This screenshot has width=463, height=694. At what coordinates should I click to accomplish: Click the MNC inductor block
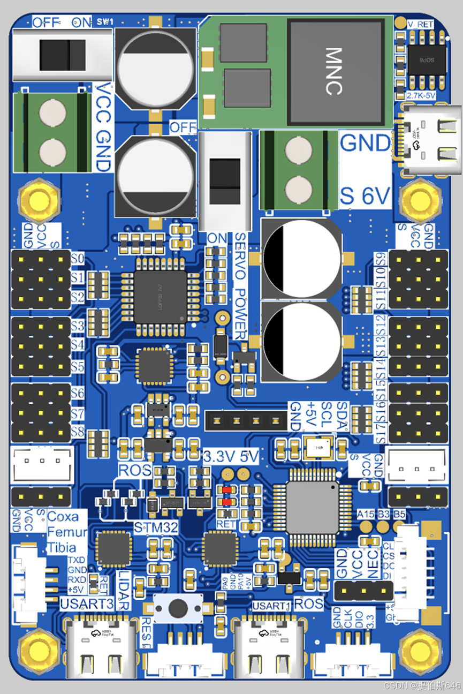pyautogui.click(x=336, y=71)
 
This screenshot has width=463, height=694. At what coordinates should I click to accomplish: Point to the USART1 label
pyautogui.click(x=271, y=606)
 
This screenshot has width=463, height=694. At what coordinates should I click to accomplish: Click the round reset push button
pyautogui.click(x=178, y=608)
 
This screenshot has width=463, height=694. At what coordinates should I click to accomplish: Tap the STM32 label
pyautogui.click(x=156, y=527)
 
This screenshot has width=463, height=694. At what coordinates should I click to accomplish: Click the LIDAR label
pyautogui.click(x=123, y=589)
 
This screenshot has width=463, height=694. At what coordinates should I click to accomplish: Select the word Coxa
pyautogui.click(x=63, y=517)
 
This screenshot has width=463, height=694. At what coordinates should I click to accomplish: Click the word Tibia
pyautogui.click(x=61, y=548)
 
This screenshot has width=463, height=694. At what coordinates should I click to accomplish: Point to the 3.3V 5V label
pyautogui.click(x=231, y=457)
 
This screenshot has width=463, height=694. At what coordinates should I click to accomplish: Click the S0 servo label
pyautogui.click(x=78, y=260)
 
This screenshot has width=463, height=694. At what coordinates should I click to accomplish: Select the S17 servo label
pyautogui.click(x=380, y=433)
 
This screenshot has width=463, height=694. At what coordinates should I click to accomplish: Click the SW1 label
pyautogui.click(x=105, y=22)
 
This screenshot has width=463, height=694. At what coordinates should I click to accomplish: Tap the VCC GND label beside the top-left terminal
pyautogui.click(x=103, y=127)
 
